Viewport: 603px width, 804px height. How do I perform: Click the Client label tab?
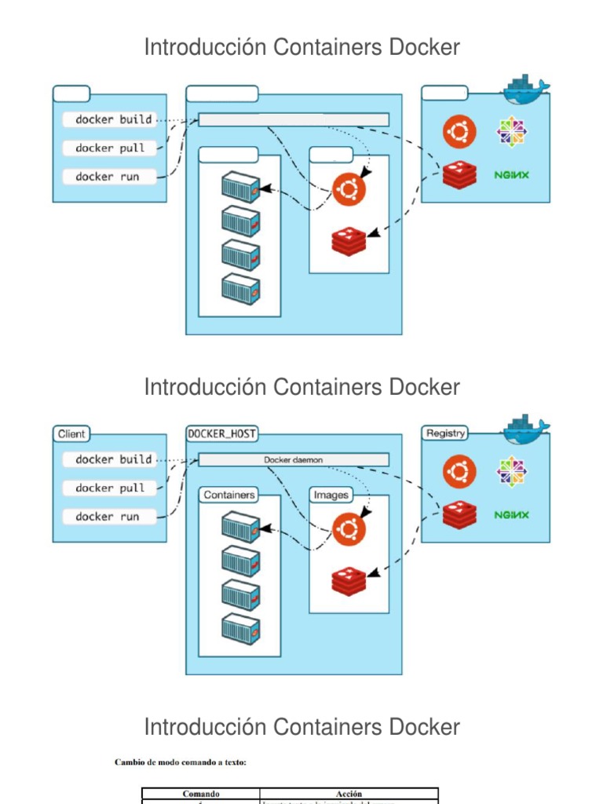point(71,433)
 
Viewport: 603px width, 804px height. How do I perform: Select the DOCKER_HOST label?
point(222,433)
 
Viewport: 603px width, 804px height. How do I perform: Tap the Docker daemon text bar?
point(293,459)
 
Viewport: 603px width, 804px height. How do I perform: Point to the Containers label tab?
point(228,495)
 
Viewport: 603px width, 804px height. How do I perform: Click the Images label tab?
point(331,495)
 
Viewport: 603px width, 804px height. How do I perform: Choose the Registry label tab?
point(445,433)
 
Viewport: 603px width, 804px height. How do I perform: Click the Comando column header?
point(200,794)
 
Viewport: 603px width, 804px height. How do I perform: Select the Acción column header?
point(349,794)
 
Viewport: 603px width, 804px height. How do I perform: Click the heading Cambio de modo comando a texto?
point(180,762)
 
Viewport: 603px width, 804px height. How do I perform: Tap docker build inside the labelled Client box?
point(114,459)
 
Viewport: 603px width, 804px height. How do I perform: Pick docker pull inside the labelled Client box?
point(110,488)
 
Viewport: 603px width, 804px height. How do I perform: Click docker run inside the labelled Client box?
point(107,517)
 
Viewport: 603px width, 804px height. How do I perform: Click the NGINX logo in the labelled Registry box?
point(511,515)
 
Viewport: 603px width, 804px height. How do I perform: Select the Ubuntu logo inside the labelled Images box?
point(349,529)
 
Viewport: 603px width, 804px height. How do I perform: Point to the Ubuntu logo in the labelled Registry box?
point(459,472)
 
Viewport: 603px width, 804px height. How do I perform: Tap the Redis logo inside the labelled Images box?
point(349,581)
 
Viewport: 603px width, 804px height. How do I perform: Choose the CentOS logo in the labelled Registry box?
point(511,471)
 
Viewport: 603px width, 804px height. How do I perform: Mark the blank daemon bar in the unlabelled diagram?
point(293,119)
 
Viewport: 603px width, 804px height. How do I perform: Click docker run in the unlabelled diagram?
point(107,177)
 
